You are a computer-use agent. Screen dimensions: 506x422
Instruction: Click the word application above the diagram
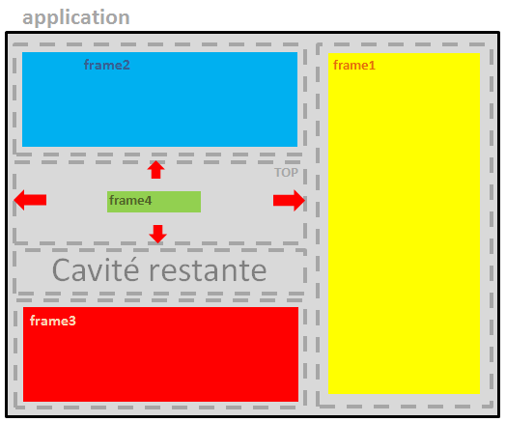[76, 17]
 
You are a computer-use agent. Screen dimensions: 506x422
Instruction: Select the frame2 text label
[107, 65]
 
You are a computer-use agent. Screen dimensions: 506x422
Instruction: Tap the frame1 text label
[354, 65]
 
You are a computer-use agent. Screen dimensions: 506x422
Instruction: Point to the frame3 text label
[52, 321]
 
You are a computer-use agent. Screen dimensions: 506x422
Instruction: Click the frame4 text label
[130, 200]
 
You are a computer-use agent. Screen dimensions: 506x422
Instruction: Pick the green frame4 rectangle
[154, 202]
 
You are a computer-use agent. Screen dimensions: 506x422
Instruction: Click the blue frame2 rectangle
[159, 99]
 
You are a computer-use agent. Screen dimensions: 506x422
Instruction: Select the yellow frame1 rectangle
[404, 223]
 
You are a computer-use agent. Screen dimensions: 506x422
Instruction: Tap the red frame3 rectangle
[160, 354]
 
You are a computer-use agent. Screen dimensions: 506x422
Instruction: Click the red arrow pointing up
[155, 170]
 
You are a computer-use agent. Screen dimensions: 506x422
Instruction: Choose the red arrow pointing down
[157, 234]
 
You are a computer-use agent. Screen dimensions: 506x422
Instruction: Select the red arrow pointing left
[30, 200]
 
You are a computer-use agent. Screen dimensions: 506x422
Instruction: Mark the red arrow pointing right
[289, 200]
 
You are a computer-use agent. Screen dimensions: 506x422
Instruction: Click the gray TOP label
[286, 173]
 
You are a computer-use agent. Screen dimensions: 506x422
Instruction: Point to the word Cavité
[96, 270]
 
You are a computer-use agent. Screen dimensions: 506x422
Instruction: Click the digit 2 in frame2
[126, 65]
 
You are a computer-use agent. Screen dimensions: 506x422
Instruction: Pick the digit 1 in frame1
[372, 66]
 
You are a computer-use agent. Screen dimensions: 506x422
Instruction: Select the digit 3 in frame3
[72, 321]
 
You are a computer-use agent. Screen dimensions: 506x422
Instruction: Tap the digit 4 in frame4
[148, 201]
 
